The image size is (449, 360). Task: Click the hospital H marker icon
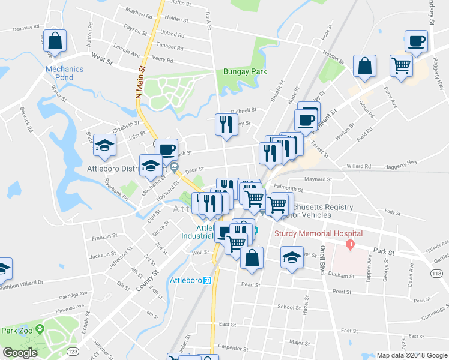click(x=351, y=244)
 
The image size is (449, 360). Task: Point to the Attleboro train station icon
click(x=207, y=280)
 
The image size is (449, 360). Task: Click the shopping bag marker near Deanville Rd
click(x=55, y=41)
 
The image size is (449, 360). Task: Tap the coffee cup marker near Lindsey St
click(x=416, y=42)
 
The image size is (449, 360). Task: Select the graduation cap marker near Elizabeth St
click(x=104, y=145)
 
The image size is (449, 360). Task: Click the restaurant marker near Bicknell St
click(x=226, y=124)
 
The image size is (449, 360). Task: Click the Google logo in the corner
click(x=20, y=353)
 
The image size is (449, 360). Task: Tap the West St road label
click(x=101, y=57)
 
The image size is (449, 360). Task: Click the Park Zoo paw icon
click(x=40, y=329)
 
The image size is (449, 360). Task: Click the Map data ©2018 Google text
click(x=412, y=355)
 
